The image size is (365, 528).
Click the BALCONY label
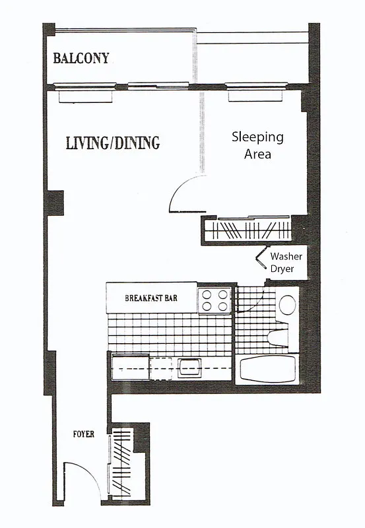click(81, 57)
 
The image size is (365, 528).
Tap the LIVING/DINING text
click(113, 143)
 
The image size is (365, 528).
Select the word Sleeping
click(257, 137)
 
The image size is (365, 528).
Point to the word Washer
click(286, 256)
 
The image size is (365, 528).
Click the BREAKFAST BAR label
click(152, 298)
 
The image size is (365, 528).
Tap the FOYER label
click(83, 434)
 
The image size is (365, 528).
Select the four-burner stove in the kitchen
click(215, 300)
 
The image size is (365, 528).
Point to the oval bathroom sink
click(287, 304)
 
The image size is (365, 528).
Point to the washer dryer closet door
click(259, 259)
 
